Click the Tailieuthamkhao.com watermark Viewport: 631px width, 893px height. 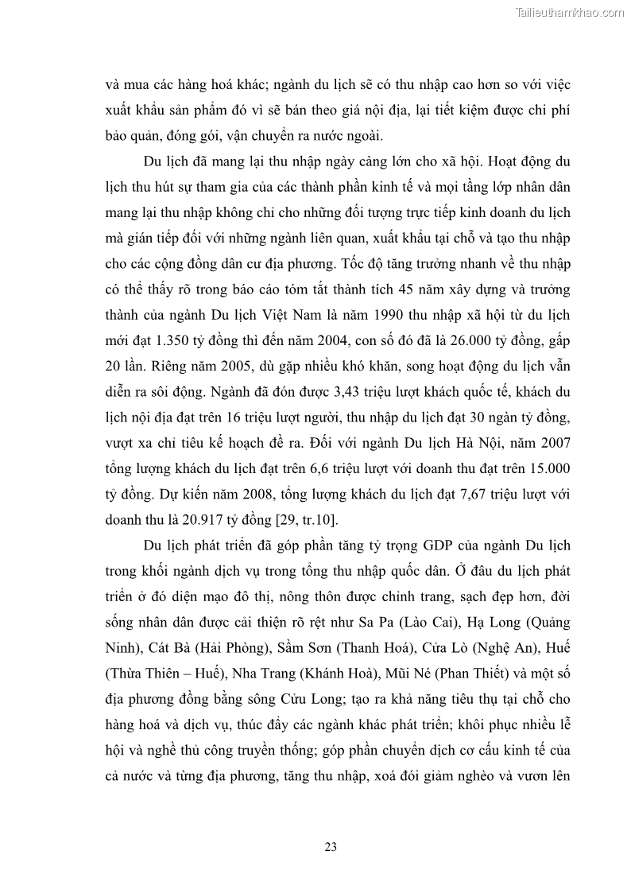(x=570, y=13)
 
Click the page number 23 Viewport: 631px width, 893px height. (x=331, y=847)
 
